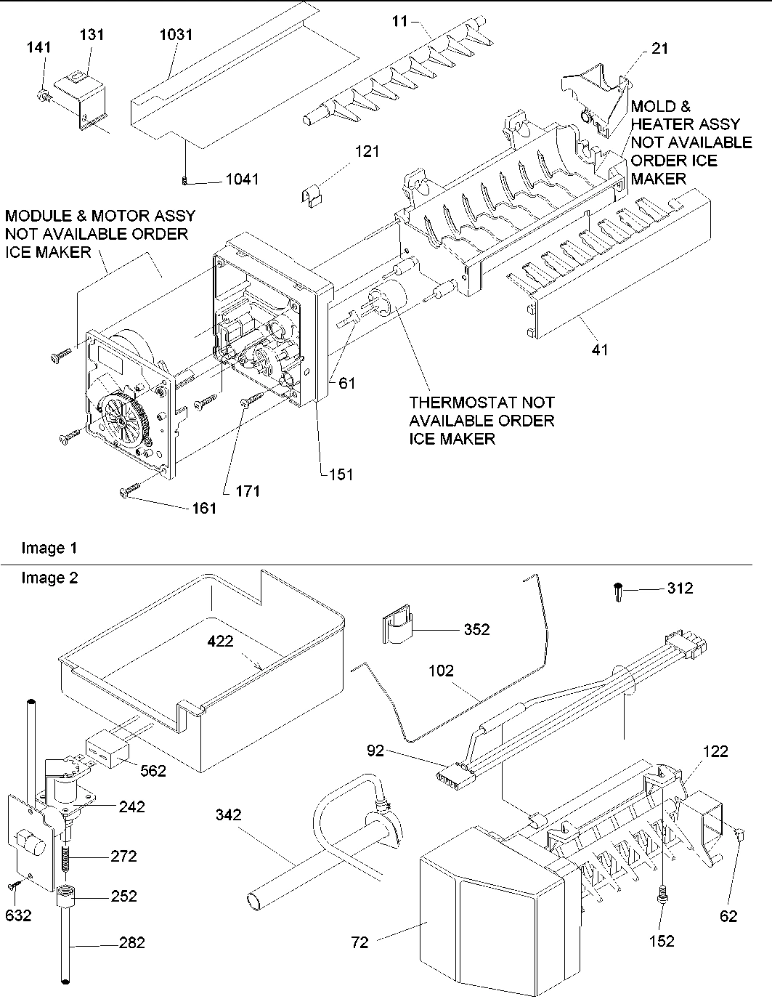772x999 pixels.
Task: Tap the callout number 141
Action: [38, 49]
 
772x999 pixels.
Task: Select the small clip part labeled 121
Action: [312, 195]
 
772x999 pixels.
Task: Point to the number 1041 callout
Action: [241, 179]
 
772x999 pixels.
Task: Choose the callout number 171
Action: [247, 490]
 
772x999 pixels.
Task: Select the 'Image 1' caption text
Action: [49, 548]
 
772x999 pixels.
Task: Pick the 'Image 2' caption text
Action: [49, 578]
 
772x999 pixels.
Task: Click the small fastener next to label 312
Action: [618, 591]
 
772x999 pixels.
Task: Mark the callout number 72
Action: [359, 943]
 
